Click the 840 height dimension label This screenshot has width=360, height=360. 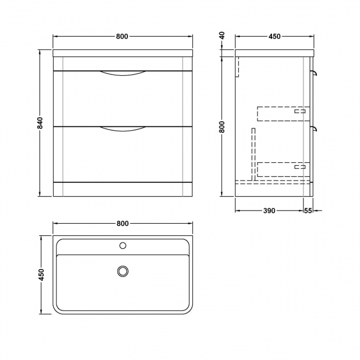click(40, 123)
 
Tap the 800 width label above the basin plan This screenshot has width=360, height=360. click(122, 223)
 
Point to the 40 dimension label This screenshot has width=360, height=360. click(222, 37)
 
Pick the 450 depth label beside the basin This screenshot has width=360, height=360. click(40, 274)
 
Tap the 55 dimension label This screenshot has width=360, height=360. click(308, 210)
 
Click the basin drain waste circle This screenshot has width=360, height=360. click(122, 271)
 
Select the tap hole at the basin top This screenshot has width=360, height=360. click(123, 244)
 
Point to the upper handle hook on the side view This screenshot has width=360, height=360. click(315, 73)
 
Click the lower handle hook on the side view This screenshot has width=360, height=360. click(315, 129)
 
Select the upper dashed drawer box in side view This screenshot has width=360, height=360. click(282, 113)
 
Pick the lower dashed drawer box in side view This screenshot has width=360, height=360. click(282, 168)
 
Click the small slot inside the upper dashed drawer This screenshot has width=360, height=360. click(300, 111)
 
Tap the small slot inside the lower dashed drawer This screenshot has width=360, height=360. click(300, 166)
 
